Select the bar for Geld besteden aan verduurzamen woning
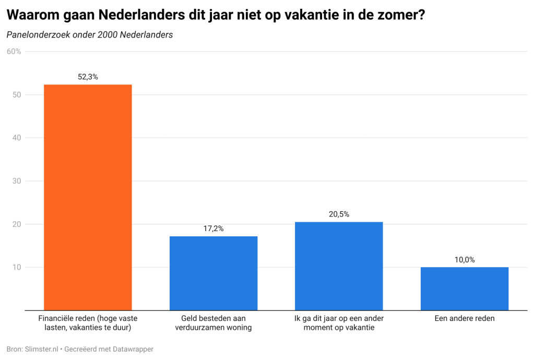coord(213,273)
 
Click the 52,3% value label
coord(88,77)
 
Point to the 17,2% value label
coord(213,229)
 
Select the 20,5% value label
coord(339,214)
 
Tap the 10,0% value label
coord(465,259)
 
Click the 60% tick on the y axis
coord(14,51)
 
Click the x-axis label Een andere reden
coord(465,318)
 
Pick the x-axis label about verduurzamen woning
coord(213,323)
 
